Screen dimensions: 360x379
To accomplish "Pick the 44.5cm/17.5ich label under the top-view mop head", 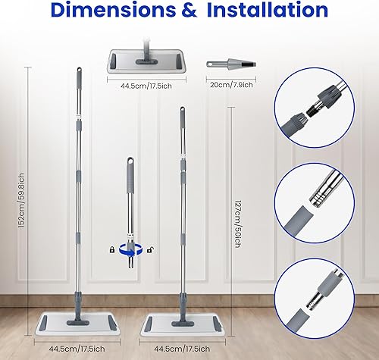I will tap(146, 85).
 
